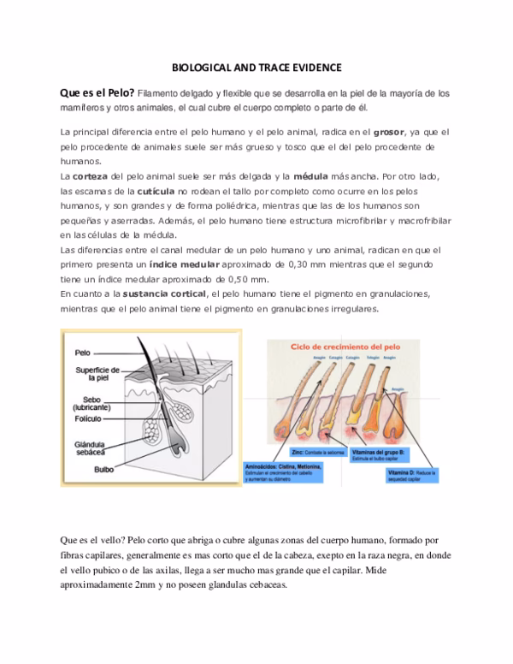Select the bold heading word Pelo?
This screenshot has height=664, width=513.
pyautogui.click(x=116, y=93)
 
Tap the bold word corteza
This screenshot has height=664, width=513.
pyautogui.click(x=94, y=175)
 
